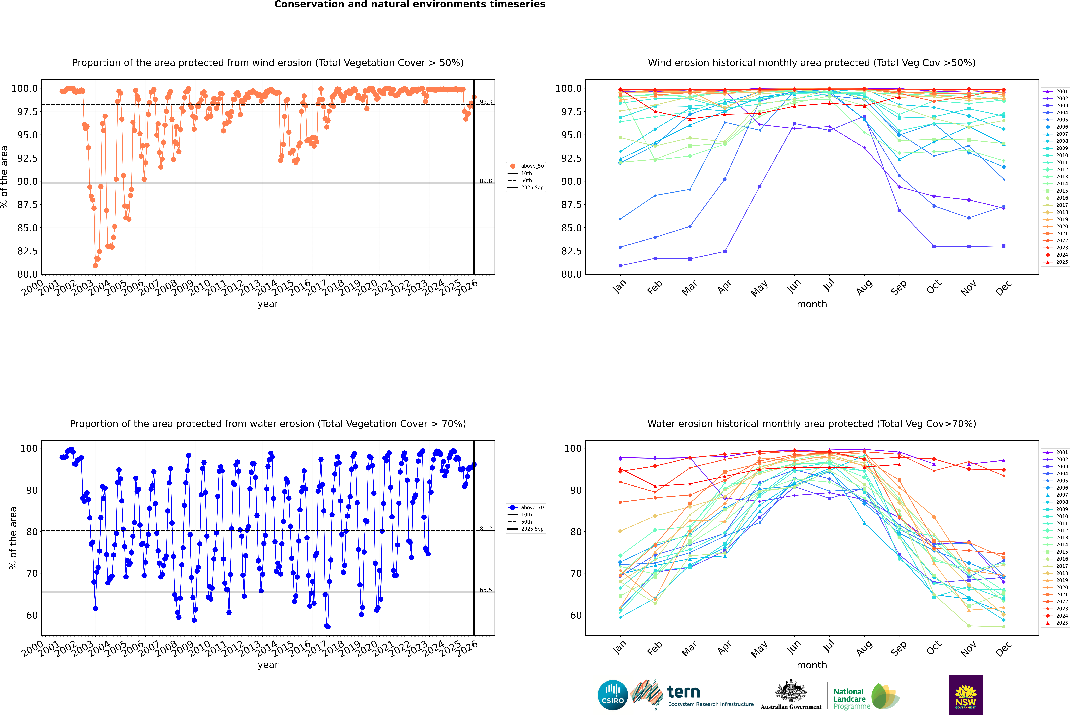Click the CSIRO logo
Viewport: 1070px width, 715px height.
(613, 695)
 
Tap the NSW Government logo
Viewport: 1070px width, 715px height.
(966, 695)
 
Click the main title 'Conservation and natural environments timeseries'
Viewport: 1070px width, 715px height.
(410, 5)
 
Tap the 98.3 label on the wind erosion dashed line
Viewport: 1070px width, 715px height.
(486, 102)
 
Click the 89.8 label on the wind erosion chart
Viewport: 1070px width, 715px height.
(486, 181)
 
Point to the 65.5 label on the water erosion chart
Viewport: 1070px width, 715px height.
(486, 590)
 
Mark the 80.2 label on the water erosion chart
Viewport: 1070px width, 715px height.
(486, 529)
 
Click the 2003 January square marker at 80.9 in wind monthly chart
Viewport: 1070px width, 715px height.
(620, 265)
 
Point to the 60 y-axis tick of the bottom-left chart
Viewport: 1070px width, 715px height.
(29, 615)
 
